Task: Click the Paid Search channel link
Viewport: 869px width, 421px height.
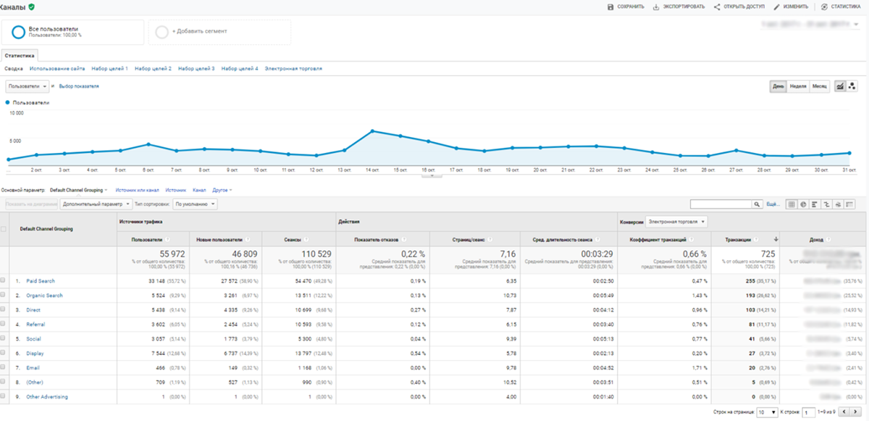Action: (x=41, y=280)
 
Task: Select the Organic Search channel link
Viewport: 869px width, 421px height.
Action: (x=44, y=296)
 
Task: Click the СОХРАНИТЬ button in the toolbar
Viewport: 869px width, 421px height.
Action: (x=626, y=7)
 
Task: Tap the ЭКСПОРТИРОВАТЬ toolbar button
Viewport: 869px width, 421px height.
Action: (x=679, y=7)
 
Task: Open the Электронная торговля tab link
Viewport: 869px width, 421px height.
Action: (x=293, y=68)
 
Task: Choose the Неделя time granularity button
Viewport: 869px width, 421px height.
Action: (x=798, y=86)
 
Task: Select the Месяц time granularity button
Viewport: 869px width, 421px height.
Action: (x=819, y=86)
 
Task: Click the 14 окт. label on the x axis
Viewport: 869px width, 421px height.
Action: (x=372, y=170)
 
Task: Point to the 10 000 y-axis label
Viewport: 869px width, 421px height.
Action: (x=16, y=113)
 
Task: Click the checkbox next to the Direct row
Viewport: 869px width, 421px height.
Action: (x=4, y=310)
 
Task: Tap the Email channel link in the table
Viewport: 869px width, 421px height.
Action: (x=33, y=368)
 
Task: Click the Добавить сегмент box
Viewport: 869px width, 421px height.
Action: (x=219, y=32)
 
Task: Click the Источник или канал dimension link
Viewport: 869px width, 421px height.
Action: (x=137, y=189)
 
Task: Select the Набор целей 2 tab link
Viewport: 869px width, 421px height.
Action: (x=153, y=68)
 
